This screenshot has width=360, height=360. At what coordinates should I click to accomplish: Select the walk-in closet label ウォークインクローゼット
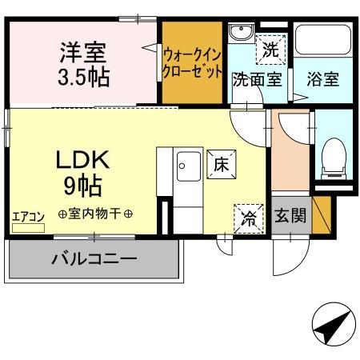192,62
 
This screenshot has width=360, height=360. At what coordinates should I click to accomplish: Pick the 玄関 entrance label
290,217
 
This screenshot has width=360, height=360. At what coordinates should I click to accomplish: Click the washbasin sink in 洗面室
240,34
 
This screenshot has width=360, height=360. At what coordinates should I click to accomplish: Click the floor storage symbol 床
221,164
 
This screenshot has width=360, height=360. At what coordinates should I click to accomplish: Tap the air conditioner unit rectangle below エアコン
28,227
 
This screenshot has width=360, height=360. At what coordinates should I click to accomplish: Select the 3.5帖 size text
83,78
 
